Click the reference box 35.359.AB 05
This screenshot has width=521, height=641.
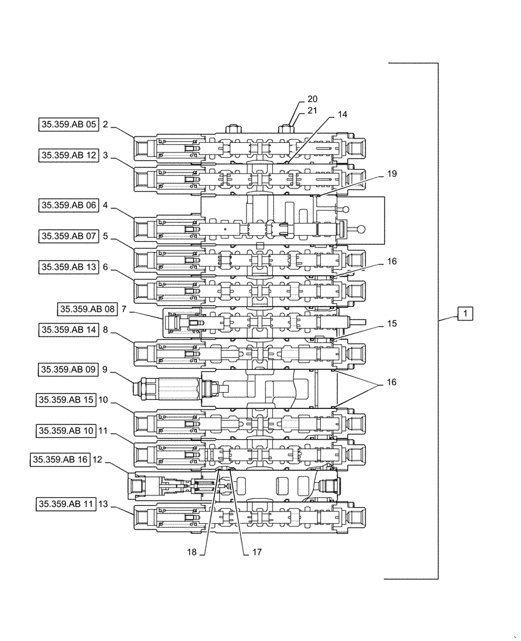tap(67, 125)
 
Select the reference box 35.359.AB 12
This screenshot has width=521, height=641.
tap(67, 155)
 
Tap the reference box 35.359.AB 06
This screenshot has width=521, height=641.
tap(67, 205)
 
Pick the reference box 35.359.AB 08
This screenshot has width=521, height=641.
tap(87, 309)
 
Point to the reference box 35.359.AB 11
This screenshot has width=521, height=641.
tap(65, 504)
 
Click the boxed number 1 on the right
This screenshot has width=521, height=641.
tap(465, 313)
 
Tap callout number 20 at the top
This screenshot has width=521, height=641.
tap(312, 99)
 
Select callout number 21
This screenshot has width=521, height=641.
tap(312, 111)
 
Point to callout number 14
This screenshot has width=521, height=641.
tap(342, 114)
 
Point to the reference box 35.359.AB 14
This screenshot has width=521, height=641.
tap(67, 329)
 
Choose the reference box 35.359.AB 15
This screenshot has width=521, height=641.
tap(65, 399)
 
